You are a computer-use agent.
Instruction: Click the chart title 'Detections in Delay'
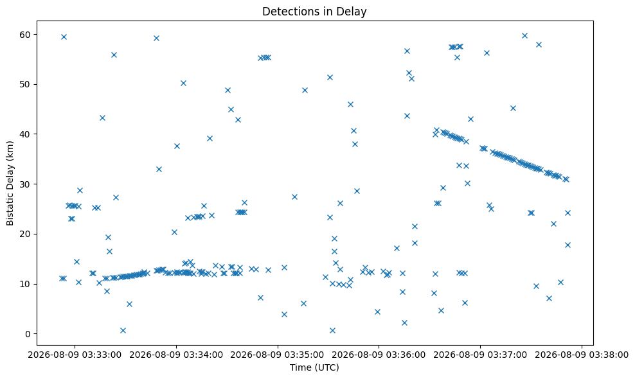click(x=314, y=12)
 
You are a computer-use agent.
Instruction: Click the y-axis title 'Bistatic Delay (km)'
click(x=10, y=183)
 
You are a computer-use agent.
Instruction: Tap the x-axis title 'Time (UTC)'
click(x=314, y=367)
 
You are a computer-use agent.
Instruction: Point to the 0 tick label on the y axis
click(x=28, y=334)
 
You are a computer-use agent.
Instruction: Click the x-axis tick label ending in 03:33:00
click(x=75, y=355)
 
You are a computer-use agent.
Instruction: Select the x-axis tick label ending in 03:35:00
click(x=278, y=355)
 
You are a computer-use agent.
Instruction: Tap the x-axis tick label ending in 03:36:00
click(x=379, y=355)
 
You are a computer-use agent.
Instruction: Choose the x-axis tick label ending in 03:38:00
click(x=582, y=355)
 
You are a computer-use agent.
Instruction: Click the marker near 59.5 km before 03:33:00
click(x=64, y=37)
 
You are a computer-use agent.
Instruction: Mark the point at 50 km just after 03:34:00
click(x=183, y=83)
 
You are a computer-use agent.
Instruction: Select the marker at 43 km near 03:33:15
click(x=102, y=118)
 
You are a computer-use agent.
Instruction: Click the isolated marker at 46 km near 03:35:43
click(x=350, y=105)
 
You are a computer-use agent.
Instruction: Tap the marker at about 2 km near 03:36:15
click(x=404, y=322)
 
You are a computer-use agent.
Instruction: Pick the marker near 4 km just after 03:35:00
click(x=284, y=314)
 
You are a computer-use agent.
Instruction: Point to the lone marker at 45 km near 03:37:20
click(x=513, y=108)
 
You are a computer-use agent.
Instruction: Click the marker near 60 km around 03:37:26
click(x=524, y=35)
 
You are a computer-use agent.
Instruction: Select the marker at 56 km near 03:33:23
click(x=114, y=55)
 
